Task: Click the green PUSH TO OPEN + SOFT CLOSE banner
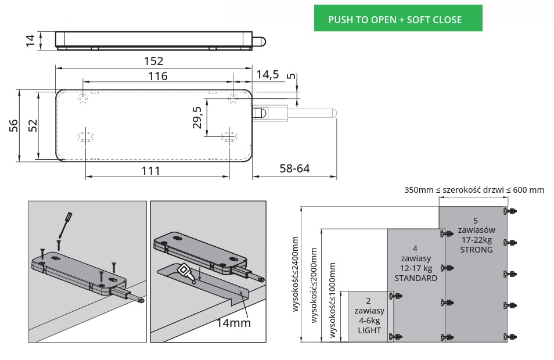(x=398, y=19)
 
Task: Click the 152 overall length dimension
(x=153, y=61)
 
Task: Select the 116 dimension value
(x=157, y=76)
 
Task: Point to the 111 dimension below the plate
(x=150, y=170)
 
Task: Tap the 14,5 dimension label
(x=267, y=74)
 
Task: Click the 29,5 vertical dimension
(x=197, y=117)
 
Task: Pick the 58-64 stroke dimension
(x=294, y=169)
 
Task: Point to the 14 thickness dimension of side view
(x=31, y=39)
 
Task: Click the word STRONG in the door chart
(x=476, y=250)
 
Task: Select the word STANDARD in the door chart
(x=415, y=278)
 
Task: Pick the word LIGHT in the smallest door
(x=369, y=330)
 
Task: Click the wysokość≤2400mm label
(x=295, y=273)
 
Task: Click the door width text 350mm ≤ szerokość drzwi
(x=474, y=190)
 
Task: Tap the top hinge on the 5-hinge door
(x=511, y=211)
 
